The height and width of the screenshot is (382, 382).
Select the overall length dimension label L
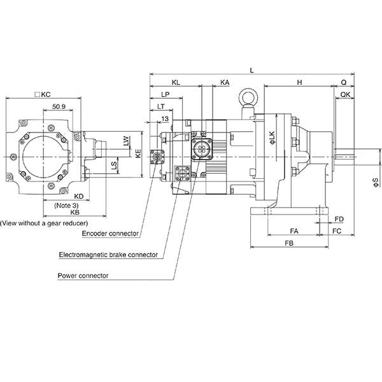pos(252,71)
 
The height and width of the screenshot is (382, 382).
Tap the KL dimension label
pos(176,82)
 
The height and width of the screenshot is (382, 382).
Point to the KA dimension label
pos(225,82)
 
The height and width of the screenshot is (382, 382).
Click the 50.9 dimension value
pos(59,106)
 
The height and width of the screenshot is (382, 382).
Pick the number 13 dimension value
pos(165,118)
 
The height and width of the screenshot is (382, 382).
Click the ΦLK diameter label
pos(272,138)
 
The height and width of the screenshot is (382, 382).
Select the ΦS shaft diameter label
pos(376,183)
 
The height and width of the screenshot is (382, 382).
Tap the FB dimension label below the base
pos(289,243)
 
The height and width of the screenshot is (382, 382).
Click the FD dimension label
pos(339,219)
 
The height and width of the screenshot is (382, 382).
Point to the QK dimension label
pos(345,94)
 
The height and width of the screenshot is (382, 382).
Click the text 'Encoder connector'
pos(110,234)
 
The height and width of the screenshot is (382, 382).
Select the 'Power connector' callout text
pos(83,276)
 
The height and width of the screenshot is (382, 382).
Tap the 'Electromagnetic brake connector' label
pos(108,255)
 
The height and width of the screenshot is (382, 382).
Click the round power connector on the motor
pos(202,149)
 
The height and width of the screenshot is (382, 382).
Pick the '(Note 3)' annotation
pos(66,206)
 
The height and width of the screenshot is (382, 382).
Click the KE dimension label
pos(138,153)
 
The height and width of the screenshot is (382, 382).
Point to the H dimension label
pos(299,82)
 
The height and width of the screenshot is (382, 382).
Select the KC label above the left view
pos(43,94)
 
